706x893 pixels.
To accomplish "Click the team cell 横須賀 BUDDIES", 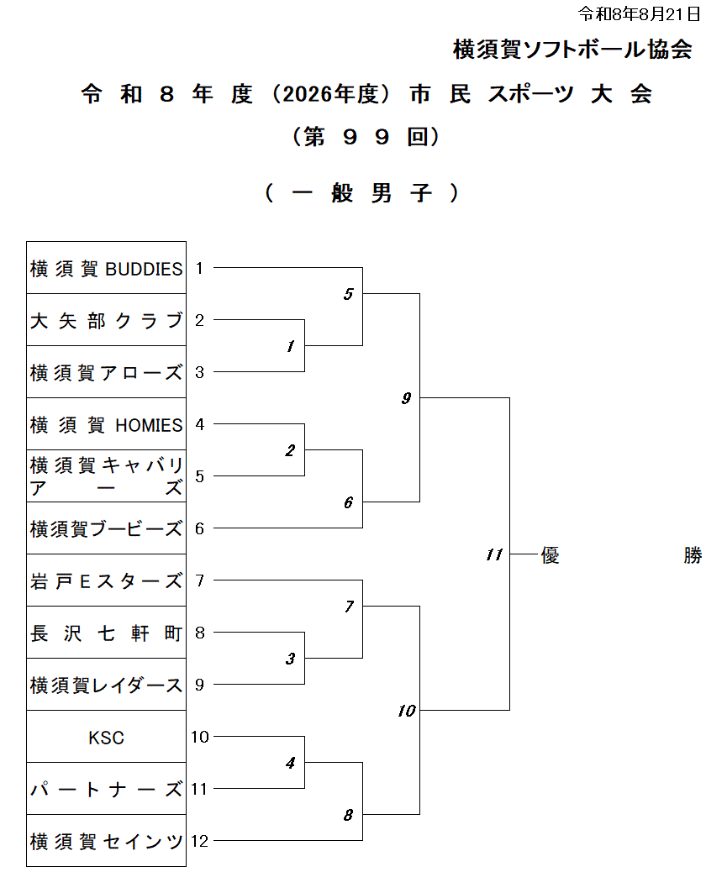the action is coord(106,268).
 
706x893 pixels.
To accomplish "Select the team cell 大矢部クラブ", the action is coord(106,320).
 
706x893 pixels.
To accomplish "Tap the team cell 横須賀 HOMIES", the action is coord(106,424).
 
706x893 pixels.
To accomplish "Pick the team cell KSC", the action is coord(106,737).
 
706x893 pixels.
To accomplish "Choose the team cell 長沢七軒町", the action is coord(106,633).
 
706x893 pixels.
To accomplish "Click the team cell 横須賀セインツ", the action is coord(106,841).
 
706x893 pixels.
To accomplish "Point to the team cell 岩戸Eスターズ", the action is coord(106,580).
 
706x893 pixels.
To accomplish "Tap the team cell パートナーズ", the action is coord(106,789).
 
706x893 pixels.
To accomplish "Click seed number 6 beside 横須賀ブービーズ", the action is coord(199,528).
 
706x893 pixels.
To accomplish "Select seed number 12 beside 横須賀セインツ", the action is coord(199,841).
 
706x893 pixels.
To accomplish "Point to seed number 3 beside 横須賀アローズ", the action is coord(199,372).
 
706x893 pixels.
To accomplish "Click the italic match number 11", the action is coord(494,554).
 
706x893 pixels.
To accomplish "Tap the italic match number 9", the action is coord(406,398).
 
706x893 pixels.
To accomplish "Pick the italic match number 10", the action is coord(407,711).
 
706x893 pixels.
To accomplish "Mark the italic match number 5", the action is coord(348,294).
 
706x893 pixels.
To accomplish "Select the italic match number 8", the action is coord(348,815).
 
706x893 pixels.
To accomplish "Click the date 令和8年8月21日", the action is coord(640,13).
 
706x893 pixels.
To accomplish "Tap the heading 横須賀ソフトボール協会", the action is coord(572,50).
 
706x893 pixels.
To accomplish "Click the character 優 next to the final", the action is coord(551,554).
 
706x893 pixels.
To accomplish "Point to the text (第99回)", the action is coord(366,137).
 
